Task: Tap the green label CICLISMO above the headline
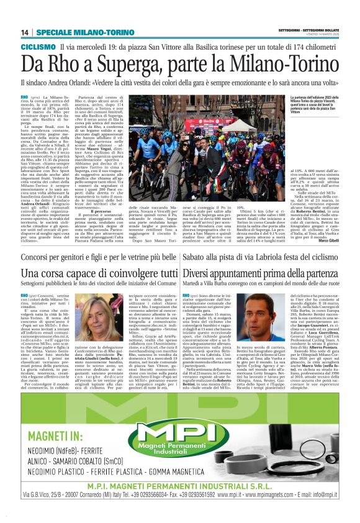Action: click(x=38, y=47)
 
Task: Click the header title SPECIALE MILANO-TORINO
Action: click(x=73, y=32)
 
